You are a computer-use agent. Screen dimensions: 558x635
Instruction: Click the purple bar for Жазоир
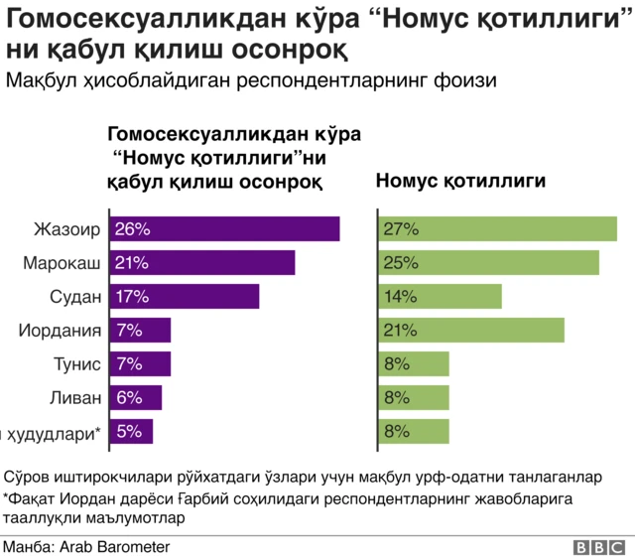[224, 228]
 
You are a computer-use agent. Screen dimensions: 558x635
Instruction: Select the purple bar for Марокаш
[202, 262]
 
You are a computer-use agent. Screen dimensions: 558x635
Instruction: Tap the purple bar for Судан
[185, 296]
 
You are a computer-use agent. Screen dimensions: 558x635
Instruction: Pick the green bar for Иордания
[471, 330]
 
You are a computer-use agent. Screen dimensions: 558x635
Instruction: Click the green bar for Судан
[441, 296]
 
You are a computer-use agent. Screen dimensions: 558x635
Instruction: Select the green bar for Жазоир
[498, 228]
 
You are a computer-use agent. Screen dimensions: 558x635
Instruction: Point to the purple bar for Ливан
[136, 397]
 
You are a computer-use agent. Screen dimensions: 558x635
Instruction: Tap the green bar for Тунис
[414, 363]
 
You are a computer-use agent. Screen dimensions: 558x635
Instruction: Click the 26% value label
[132, 229]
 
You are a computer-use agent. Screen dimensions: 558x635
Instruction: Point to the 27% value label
[401, 229]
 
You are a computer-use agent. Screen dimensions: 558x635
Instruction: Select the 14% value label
[401, 297]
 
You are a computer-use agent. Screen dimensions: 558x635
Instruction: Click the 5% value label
[128, 431]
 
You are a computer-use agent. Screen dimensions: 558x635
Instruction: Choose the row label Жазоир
[67, 229]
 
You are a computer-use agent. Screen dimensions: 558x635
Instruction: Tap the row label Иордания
[60, 331]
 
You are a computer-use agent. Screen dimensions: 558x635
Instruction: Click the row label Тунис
[77, 364]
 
